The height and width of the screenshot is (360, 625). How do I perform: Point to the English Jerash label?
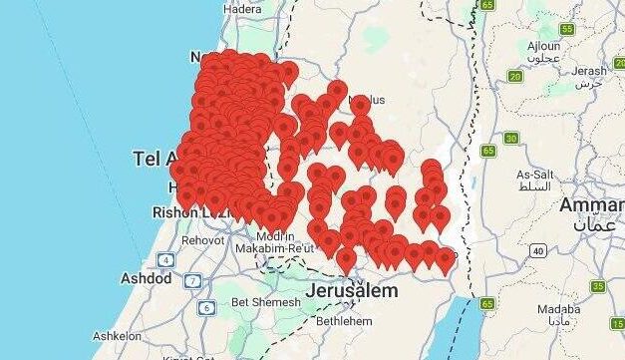(x=589, y=70)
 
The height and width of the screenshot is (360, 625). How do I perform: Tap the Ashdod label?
(x=146, y=277)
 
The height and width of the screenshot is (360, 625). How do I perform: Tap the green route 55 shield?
(x=567, y=30)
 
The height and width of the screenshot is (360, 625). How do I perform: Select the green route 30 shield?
(x=511, y=139)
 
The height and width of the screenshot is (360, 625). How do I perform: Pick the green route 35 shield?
(x=597, y=286)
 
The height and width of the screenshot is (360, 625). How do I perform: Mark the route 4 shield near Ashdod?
(x=164, y=261)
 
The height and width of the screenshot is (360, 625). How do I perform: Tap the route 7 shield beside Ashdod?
(x=188, y=280)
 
